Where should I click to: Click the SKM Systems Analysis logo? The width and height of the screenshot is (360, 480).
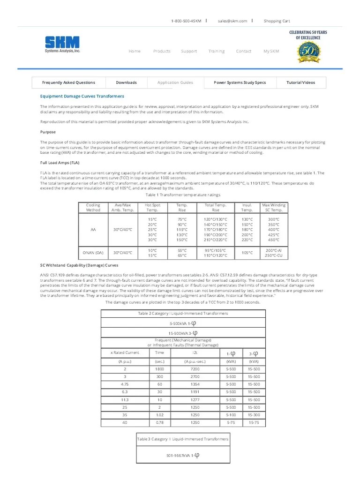(62, 45)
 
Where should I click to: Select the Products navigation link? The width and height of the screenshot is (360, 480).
(162, 51)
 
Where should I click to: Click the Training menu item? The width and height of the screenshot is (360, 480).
(217, 51)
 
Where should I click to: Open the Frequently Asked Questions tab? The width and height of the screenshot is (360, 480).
(68, 82)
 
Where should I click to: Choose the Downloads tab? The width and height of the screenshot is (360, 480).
(127, 82)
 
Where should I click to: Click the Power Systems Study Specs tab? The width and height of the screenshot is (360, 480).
(240, 82)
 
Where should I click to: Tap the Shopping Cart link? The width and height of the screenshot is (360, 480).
(277, 21)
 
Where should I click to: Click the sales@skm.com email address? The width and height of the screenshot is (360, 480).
(232, 21)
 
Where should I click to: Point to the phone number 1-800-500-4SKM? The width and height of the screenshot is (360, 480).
(186, 21)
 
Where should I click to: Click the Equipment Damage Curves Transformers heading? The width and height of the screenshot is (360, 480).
(82, 96)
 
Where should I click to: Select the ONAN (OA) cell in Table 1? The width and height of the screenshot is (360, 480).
(93, 253)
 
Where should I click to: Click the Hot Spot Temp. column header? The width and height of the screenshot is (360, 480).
(152, 208)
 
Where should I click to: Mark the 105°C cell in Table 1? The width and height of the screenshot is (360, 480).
(247, 253)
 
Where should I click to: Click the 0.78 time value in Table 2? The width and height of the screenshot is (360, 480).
(159, 422)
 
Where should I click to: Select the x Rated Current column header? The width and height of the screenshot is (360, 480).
(125, 352)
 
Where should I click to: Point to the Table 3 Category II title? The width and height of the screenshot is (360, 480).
(183, 439)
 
